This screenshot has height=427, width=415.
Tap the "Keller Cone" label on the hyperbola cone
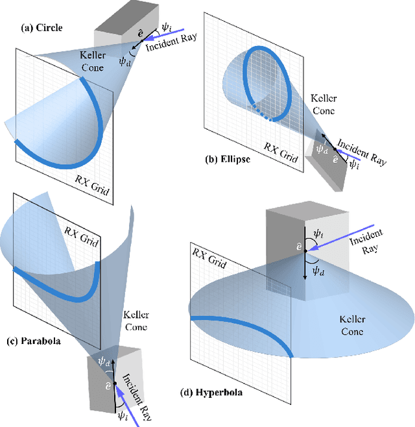tap(351, 326)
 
